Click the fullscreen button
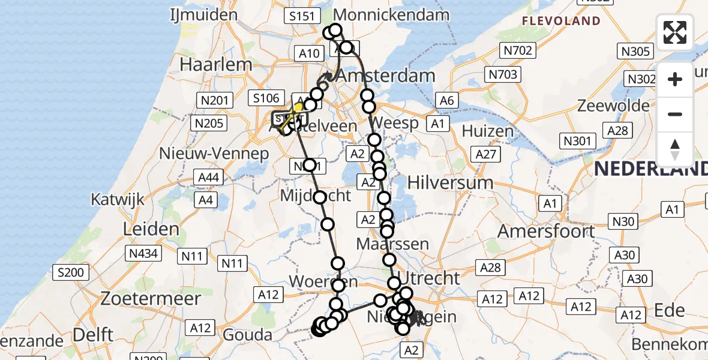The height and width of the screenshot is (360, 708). point(675,32)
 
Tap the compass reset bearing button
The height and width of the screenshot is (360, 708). point(675,149)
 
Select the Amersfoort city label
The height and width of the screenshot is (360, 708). point(546,231)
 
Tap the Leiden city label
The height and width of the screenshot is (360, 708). point(151,229)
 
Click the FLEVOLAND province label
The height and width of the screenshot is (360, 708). point(561,22)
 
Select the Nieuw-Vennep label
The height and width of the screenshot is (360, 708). point(214,154)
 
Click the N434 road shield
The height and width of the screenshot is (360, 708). point(144,253)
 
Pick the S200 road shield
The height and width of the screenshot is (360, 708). point(72,273)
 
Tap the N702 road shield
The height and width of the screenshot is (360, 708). point(518,50)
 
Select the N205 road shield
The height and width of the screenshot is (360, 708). point(208,124)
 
